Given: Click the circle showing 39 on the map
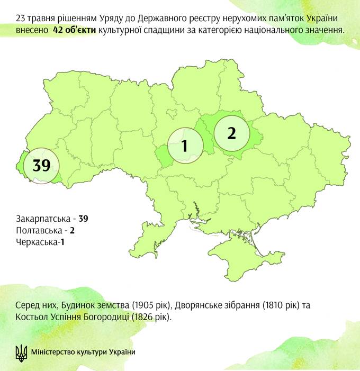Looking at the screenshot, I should pos(41,165).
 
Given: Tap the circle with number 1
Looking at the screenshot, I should pos(185,146).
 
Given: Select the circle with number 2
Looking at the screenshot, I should pos(231,133).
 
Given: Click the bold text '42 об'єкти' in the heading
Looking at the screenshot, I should pos(75,30).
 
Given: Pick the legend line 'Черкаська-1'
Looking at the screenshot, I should pos(39,242).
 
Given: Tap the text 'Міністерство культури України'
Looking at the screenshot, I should pos(83,352).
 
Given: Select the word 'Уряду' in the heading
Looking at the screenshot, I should pos(113,19).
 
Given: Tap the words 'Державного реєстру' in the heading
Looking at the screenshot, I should pos(178,19).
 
